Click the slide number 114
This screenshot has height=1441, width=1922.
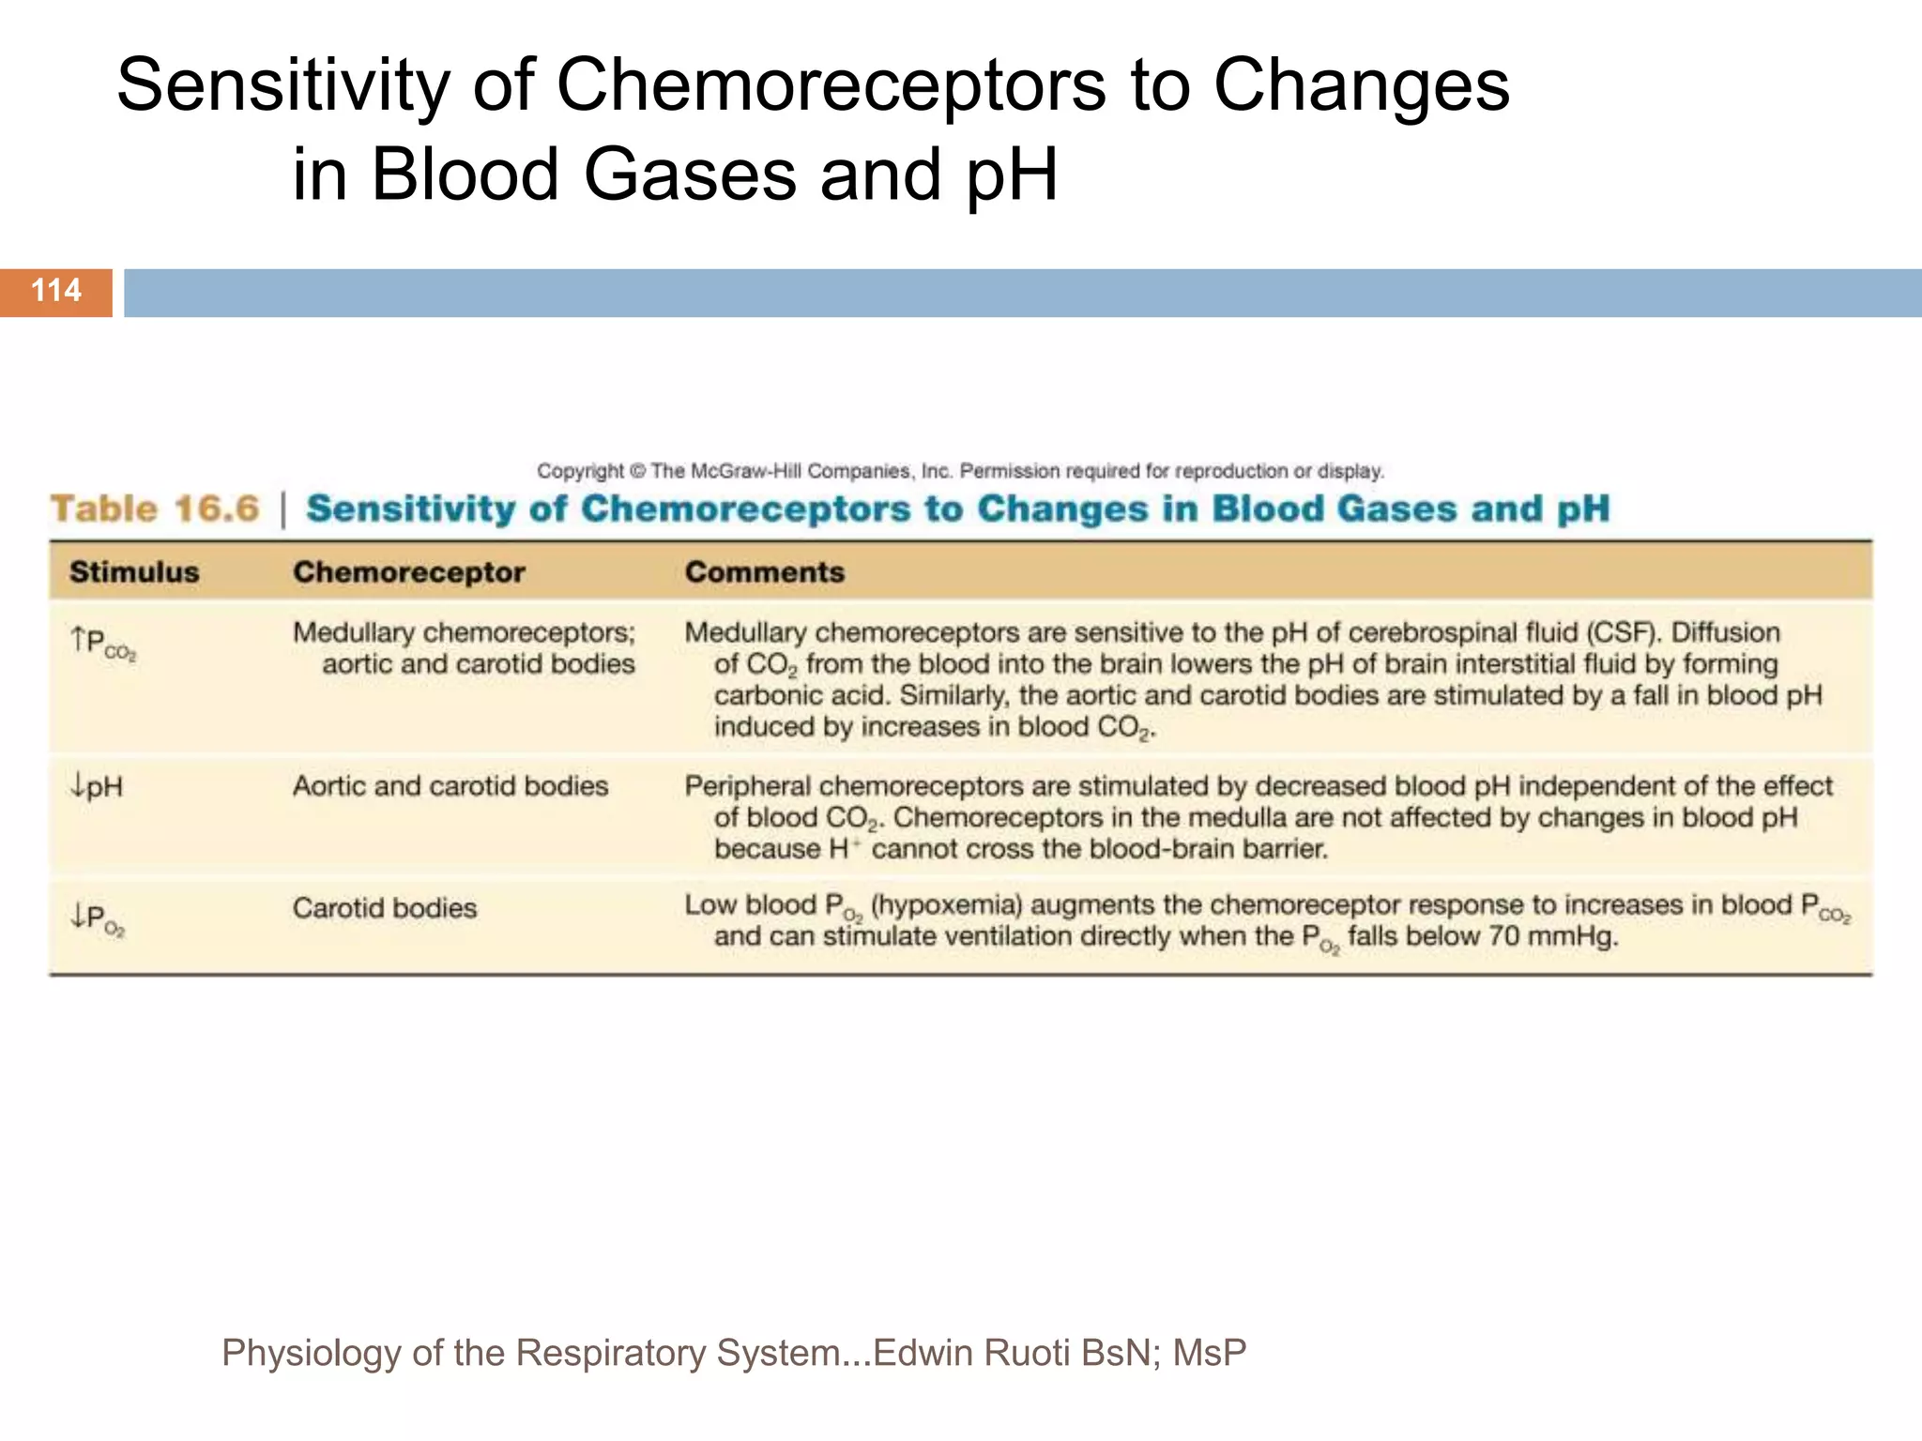[x=56, y=291]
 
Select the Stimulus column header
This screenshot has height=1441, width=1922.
[x=134, y=572]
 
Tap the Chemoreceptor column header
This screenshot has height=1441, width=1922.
[x=408, y=572]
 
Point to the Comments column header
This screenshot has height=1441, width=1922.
[x=764, y=572]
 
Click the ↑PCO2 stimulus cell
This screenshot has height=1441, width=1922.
[x=103, y=644]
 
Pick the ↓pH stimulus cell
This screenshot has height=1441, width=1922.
[x=97, y=786]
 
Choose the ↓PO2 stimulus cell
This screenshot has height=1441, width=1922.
[x=98, y=918]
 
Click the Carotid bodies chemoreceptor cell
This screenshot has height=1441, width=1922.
[x=385, y=908]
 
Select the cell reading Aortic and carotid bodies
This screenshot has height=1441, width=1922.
[x=450, y=786]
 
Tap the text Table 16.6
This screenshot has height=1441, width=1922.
[x=155, y=508]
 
